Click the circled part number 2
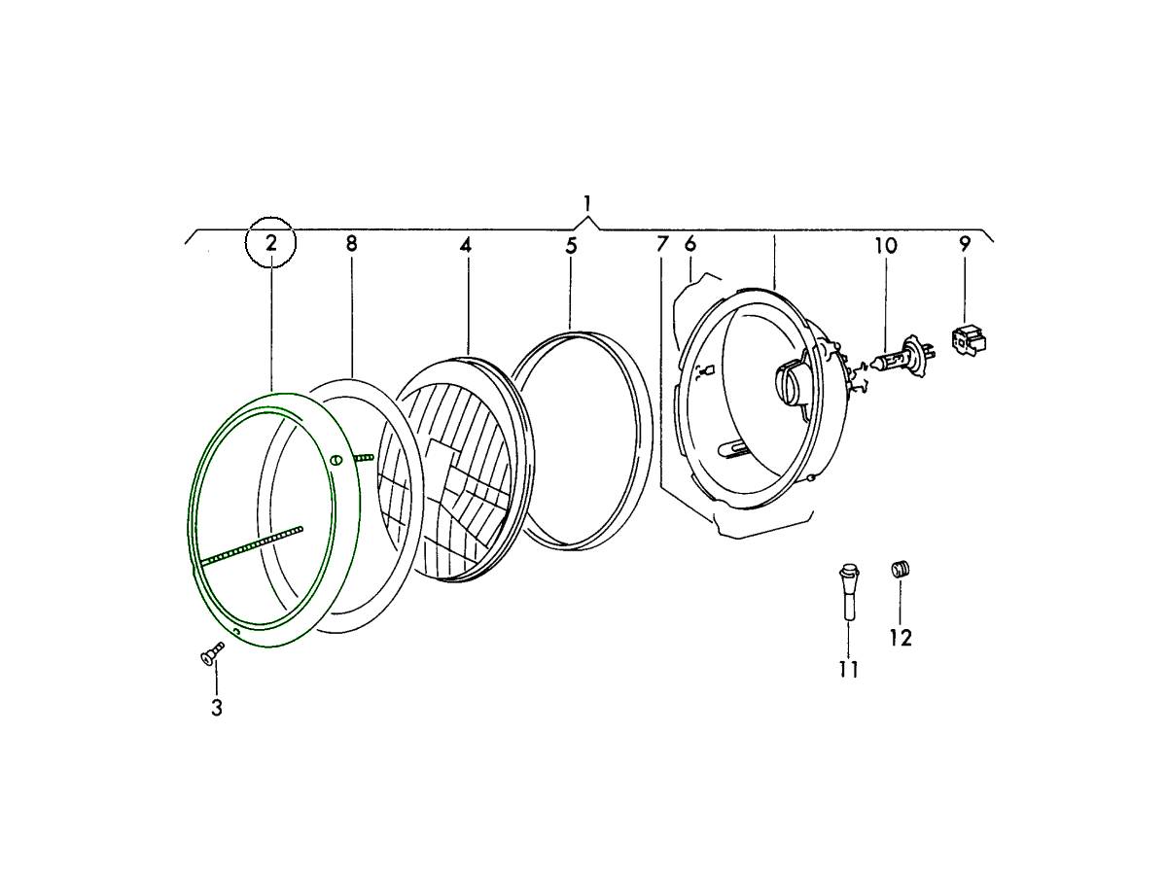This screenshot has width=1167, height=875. point(271,242)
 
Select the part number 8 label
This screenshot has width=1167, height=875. point(351,243)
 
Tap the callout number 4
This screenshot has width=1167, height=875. point(466,245)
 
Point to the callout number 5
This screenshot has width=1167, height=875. point(571,245)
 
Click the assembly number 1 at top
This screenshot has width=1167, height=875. point(587,203)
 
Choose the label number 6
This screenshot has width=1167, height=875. point(690,243)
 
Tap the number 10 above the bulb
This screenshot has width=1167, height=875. point(885,245)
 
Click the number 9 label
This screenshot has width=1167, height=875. point(965,243)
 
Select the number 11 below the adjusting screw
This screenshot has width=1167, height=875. point(849,669)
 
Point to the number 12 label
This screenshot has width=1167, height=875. point(901,638)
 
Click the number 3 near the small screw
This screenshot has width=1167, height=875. point(216,708)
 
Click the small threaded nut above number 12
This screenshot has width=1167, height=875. point(901,569)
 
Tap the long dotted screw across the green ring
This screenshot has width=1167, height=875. point(251,544)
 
